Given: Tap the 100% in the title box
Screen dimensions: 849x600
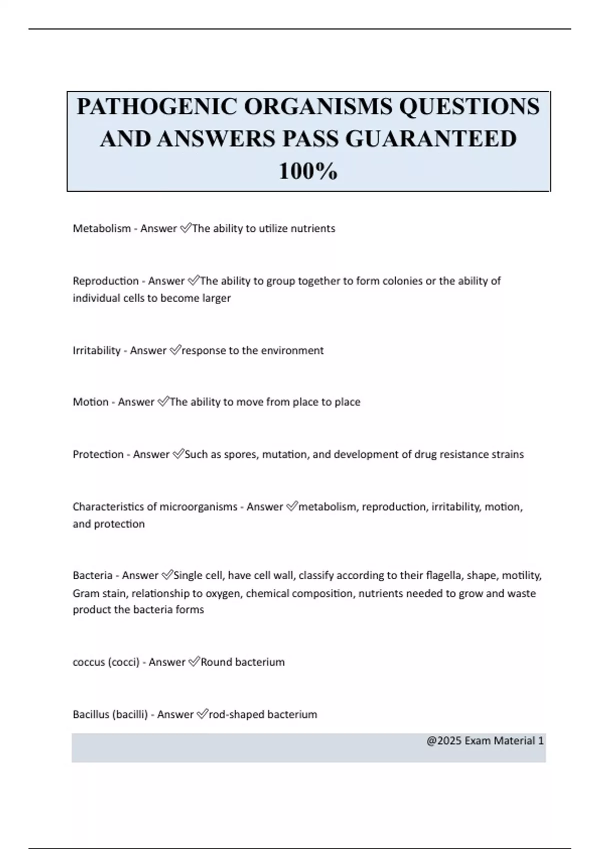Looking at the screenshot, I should click(x=308, y=171).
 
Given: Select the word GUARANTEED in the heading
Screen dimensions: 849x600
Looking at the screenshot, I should click(x=431, y=139).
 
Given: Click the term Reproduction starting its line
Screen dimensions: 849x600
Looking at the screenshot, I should click(x=105, y=281).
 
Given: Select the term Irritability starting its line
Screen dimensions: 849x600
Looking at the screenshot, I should click(x=96, y=351).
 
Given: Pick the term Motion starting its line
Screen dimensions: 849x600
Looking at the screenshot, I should click(x=90, y=402).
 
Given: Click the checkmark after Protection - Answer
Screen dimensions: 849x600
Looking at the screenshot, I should click(x=178, y=454).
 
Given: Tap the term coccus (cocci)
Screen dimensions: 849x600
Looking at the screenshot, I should click(x=106, y=662).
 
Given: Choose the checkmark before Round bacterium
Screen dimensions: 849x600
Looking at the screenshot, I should click(x=194, y=662).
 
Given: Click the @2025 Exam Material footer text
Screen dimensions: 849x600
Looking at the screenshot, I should click(x=484, y=741).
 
